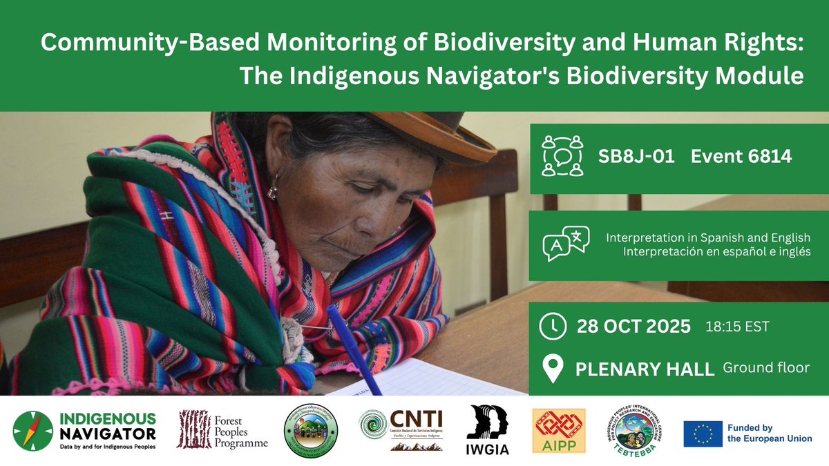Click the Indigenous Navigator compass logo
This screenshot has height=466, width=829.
pyautogui.click(x=32, y=431)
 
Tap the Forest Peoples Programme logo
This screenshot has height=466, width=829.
pyautogui.click(x=222, y=429)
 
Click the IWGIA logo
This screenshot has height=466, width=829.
pyautogui.click(x=488, y=429)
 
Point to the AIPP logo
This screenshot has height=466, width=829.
pyautogui.click(x=558, y=430)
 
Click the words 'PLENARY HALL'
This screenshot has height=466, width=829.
pyautogui.click(x=644, y=369)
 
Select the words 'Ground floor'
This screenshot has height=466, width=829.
pyautogui.click(x=765, y=368)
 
